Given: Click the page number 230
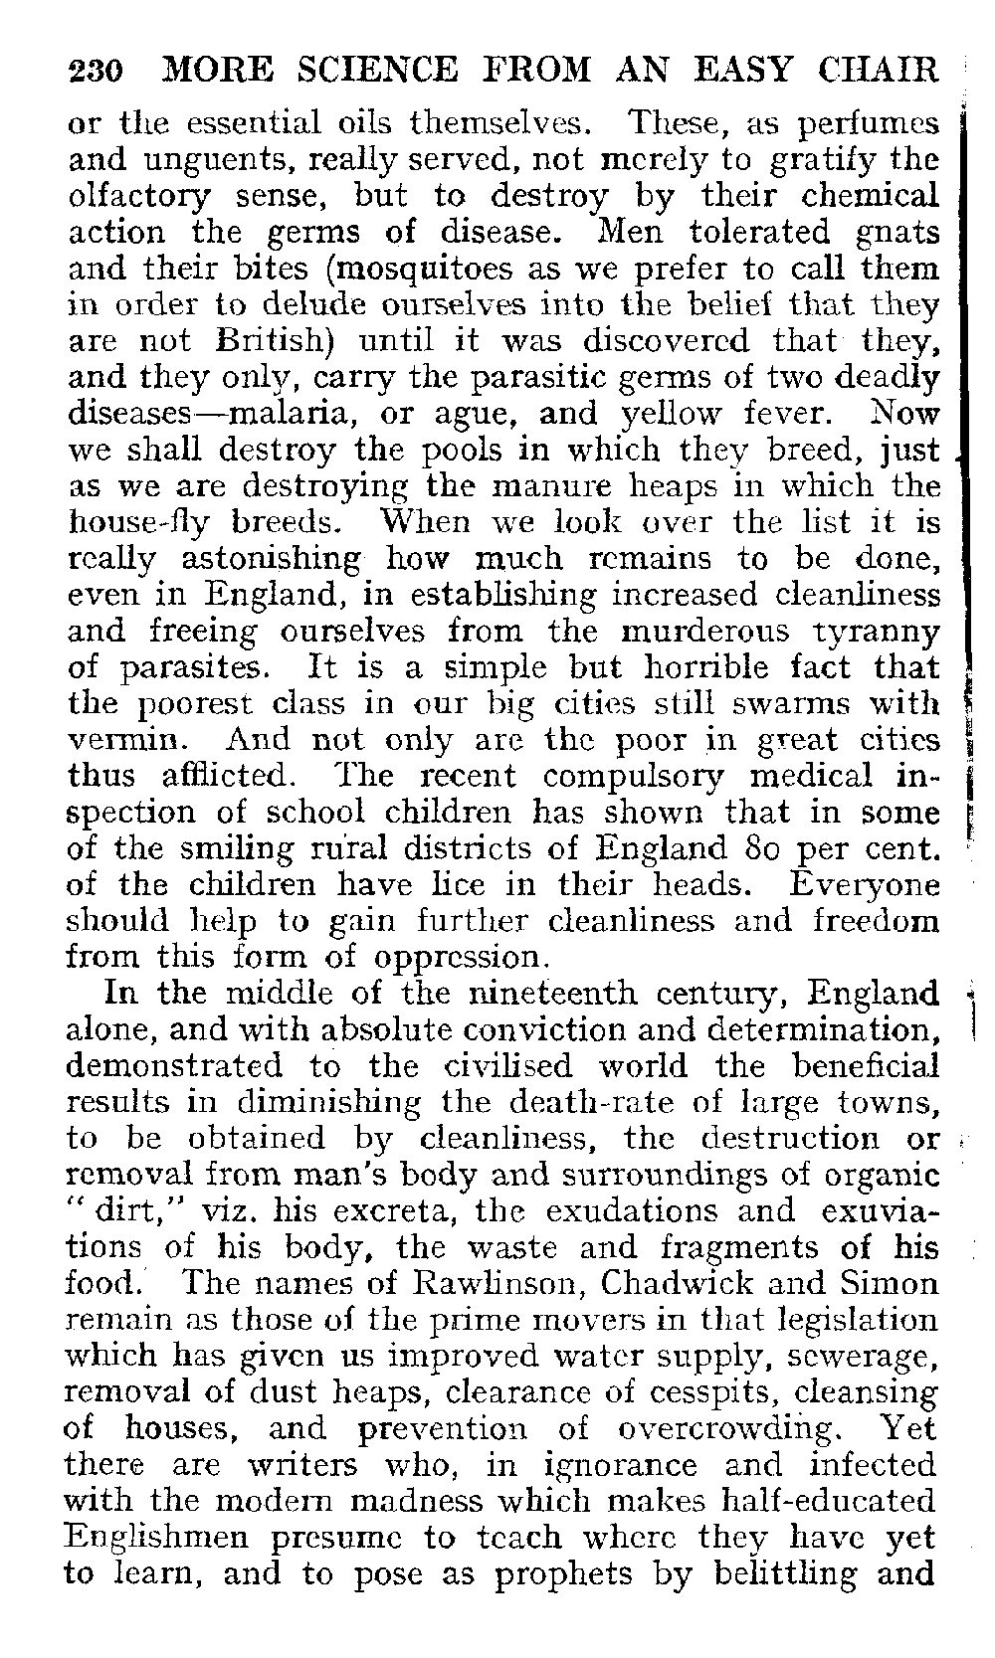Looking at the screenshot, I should [x=95, y=72].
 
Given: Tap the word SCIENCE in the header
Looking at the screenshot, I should [x=340, y=71].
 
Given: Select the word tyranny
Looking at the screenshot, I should [x=877, y=633].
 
